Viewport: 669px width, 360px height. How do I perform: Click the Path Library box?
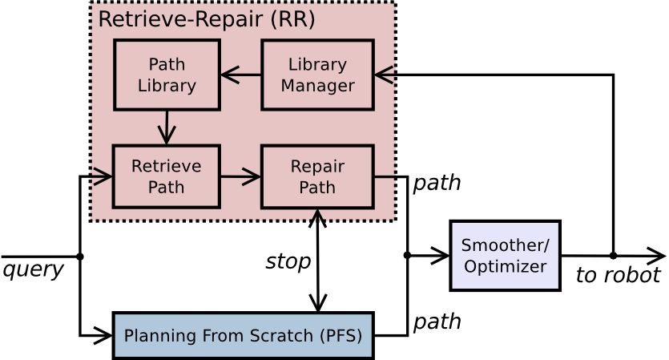click(167, 75)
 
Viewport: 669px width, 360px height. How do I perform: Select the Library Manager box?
click(317, 75)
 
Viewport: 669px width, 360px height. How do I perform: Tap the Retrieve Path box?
click(166, 176)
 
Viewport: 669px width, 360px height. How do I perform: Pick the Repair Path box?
click(317, 177)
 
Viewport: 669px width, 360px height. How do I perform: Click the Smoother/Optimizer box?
click(505, 256)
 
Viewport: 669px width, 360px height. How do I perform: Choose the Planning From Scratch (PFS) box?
click(243, 335)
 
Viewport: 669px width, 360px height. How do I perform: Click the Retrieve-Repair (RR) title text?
click(206, 19)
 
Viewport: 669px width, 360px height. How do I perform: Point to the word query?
click(33, 269)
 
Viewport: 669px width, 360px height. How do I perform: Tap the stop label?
click(288, 261)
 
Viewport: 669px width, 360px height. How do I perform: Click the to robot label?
click(618, 276)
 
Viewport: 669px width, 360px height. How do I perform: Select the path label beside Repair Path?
click(437, 183)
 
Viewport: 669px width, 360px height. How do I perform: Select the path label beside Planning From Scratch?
click(437, 322)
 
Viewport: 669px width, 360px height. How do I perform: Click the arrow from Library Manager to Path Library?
click(240, 75)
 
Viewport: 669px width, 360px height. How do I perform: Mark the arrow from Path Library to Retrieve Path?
click(167, 127)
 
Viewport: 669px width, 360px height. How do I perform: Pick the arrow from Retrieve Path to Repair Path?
click(240, 177)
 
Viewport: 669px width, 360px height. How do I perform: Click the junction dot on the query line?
click(79, 256)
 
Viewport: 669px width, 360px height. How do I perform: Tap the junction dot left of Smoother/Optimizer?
click(407, 256)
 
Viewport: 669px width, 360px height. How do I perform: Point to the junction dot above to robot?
click(613, 256)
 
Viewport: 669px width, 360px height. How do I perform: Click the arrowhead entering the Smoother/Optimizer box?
click(441, 256)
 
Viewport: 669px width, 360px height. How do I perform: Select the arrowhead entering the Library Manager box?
click(383, 75)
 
